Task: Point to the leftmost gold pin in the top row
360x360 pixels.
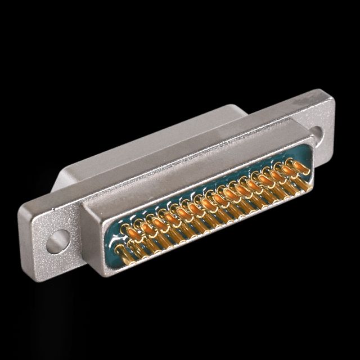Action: pos(128,229)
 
